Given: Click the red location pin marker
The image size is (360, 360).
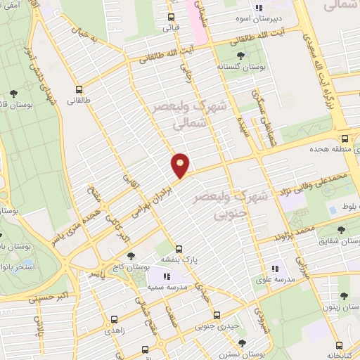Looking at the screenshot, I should pos(181,165).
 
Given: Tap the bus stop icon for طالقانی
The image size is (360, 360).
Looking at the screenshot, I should pos(79,89).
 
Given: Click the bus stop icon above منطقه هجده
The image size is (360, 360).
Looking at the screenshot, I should pos(345,138).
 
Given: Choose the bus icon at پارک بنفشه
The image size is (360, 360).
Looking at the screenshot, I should pos(179,249).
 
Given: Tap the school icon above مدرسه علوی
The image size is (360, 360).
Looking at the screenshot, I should pos(275,268).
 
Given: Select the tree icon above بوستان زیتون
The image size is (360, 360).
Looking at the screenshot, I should pos(344,296).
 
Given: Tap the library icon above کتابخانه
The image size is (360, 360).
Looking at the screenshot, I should pos(340,345).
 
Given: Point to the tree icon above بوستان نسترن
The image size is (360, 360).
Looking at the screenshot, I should pos(242,343).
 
